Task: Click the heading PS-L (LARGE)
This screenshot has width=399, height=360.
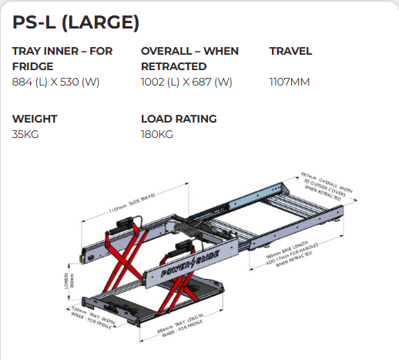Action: point(75,22)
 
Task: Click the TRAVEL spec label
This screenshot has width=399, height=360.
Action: point(290,51)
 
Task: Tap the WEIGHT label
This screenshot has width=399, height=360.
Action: point(35,119)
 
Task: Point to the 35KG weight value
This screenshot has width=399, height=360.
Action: point(25,134)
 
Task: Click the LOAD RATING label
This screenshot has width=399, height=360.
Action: point(179,119)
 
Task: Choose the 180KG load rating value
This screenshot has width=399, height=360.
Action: point(157,134)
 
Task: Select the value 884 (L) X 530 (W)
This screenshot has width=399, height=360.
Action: point(56,82)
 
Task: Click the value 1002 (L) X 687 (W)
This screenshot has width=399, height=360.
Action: point(186,82)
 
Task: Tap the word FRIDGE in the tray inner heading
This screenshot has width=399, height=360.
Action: point(32,66)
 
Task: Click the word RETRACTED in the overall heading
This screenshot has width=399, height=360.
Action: point(173,66)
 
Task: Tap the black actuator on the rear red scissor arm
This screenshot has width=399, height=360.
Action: point(128,224)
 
